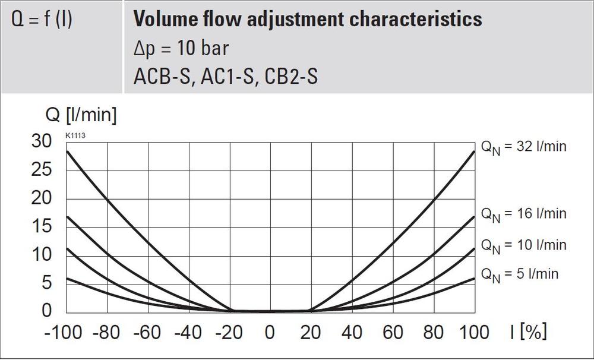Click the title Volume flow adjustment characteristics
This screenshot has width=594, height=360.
pyautogui.click(x=307, y=20)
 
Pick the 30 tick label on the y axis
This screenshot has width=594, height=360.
pyautogui.click(x=43, y=141)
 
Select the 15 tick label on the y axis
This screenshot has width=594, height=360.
pyautogui.click(x=43, y=226)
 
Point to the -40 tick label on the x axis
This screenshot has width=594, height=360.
pyautogui.click(x=189, y=331)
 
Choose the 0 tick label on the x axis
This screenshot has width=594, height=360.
pyautogui.click(x=270, y=331)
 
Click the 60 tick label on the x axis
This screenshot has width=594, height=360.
pyautogui.click(x=394, y=331)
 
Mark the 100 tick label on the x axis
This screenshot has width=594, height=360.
pyautogui.click(x=475, y=331)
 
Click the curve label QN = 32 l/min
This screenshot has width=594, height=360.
pyautogui.click(x=523, y=147)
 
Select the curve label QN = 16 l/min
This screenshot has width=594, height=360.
pyautogui.click(x=523, y=214)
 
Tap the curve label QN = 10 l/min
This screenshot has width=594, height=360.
pyautogui.click(x=523, y=245)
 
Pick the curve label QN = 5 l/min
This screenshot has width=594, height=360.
pyautogui.click(x=519, y=274)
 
